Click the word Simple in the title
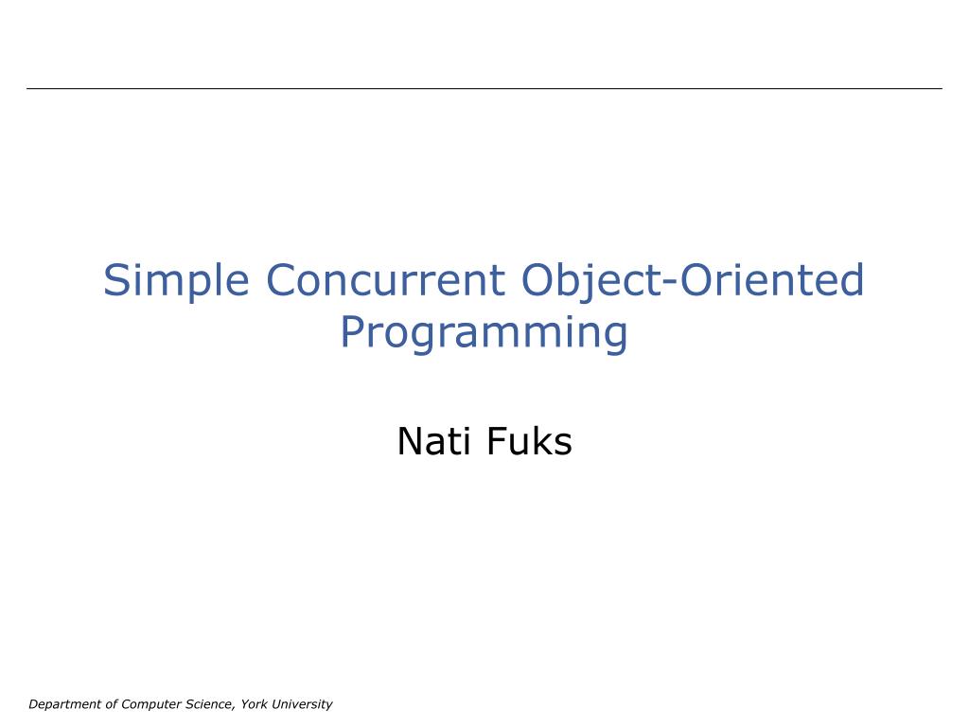[x=177, y=281]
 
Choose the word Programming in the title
[x=484, y=333]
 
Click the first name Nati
[x=434, y=441]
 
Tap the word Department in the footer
[x=64, y=704]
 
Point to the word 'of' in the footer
[x=112, y=704]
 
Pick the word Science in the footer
[x=208, y=704]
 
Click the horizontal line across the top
[x=484, y=88]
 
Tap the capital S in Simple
[x=115, y=281]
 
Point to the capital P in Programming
[x=351, y=332]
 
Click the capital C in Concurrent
[x=281, y=281]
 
